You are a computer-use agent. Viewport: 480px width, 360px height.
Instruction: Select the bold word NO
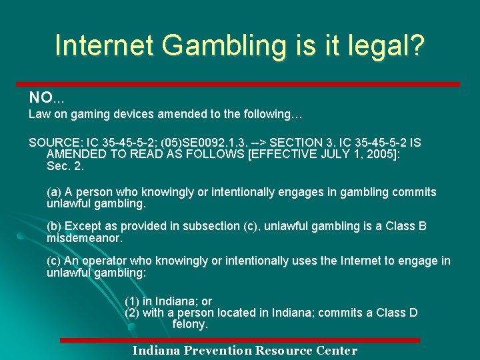pos(39,98)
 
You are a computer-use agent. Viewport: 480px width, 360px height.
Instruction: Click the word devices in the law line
pos(132,114)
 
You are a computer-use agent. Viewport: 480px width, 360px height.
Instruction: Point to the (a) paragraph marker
pos(54,192)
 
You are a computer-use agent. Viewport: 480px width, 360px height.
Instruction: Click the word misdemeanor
pos(84,237)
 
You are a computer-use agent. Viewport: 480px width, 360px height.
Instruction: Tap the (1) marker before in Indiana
pos(132,301)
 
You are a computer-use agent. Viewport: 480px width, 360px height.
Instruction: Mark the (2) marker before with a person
pos(132,313)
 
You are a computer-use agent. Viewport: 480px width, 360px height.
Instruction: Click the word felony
pos(190,324)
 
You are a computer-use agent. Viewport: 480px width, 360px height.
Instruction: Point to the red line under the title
pos(244,84)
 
